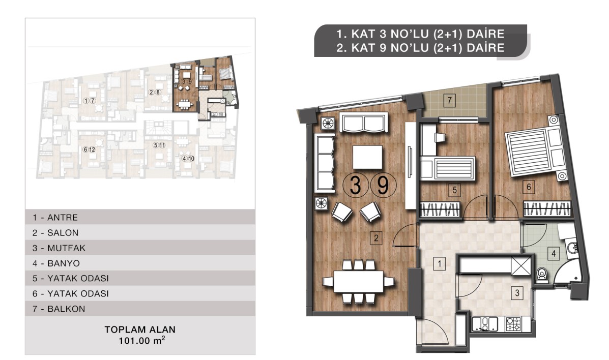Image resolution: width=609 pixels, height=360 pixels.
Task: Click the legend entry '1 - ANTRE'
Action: [55, 218]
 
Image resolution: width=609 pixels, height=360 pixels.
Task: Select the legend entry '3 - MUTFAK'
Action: [59, 248]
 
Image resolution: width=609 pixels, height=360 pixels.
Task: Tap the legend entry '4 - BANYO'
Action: [56, 263]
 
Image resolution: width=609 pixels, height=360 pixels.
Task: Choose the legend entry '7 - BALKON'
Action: [59, 309]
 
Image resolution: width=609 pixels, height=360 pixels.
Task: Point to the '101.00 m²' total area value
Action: [142, 341]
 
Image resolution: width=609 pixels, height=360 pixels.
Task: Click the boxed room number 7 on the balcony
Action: [449, 101]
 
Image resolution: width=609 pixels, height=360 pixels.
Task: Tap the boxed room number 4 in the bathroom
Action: [554, 254]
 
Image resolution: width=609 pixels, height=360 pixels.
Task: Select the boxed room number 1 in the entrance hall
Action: [439, 264]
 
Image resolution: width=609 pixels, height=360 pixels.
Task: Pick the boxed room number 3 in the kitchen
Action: [517, 292]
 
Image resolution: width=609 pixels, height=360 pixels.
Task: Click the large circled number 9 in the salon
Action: [383, 185]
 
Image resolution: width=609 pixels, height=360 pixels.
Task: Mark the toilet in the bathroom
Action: [542, 274]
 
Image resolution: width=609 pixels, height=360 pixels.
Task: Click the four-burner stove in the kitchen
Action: [513, 324]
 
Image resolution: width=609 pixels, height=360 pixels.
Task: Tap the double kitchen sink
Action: [485, 324]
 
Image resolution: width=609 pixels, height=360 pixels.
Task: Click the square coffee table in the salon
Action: [367, 157]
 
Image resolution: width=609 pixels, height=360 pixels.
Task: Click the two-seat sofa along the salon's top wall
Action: [364, 123]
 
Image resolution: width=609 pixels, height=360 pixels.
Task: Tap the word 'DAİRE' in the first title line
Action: [485, 34]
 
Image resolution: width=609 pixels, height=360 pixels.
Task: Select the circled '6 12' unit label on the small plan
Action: [89, 149]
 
